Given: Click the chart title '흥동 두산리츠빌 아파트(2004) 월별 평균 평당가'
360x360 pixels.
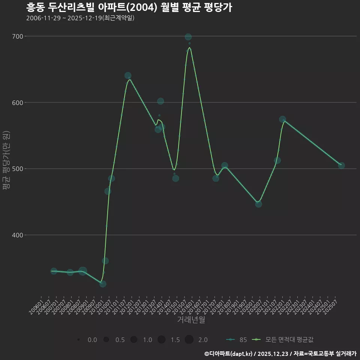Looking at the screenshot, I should pyautogui.click(x=129, y=7).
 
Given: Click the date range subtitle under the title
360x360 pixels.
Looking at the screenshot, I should pyautogui.click(x=80, y=18).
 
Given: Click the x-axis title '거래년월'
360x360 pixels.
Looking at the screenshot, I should pyautogui.click(x=191, y=320).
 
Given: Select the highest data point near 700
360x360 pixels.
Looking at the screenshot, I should pyautogui.click(x=188, y=37).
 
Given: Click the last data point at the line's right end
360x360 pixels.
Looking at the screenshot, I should pyautogui.click(x=341, y=165).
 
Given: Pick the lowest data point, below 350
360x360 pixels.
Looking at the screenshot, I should pyautogui.click(x=103, y=284).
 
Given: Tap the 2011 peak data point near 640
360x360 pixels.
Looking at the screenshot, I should pyautogui.click(x=128, y=76).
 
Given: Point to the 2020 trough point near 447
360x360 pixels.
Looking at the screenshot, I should pyautogui.click(x=258, y=204).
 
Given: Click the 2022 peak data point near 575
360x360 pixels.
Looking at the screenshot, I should pyautogui.click(x=282, y=119).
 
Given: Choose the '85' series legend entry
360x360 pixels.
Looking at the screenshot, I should pyautogui.click(x=237, y=340).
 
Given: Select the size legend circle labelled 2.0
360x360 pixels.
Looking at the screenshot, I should pyautogui.click(x=189, y=340).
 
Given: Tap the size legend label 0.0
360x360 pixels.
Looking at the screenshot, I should pyautogui.click(x=92, y=340).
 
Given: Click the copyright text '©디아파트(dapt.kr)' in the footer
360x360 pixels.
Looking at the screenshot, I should pyautogui.click(x=229, y=354).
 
